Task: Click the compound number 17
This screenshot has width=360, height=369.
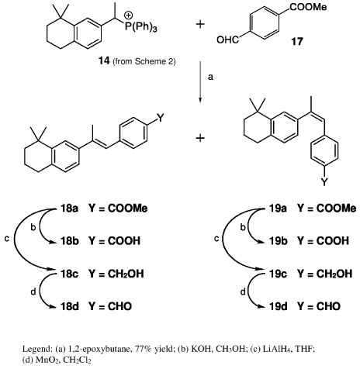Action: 297,41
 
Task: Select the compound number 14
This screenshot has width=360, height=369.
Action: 104,61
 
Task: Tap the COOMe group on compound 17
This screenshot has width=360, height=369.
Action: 308,7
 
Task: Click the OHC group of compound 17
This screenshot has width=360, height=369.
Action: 227,40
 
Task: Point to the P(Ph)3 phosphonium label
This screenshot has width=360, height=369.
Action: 141,26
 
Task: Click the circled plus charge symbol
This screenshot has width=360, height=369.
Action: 128,16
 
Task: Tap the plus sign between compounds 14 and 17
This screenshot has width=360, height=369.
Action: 200,24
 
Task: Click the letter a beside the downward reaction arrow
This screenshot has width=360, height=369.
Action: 210,77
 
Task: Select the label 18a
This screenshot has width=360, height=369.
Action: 69,208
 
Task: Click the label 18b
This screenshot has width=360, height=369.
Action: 70,241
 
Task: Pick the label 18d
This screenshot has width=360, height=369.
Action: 70,306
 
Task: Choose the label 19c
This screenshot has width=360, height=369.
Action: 278,274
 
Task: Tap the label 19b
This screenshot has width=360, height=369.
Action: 279,241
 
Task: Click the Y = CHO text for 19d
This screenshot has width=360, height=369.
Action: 319,306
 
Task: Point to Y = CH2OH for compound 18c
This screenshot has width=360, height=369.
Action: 116,274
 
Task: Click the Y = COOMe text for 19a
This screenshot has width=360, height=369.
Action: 327,208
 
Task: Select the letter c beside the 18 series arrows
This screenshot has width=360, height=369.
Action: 7,239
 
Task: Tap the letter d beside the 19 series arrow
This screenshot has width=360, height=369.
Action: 243,291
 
